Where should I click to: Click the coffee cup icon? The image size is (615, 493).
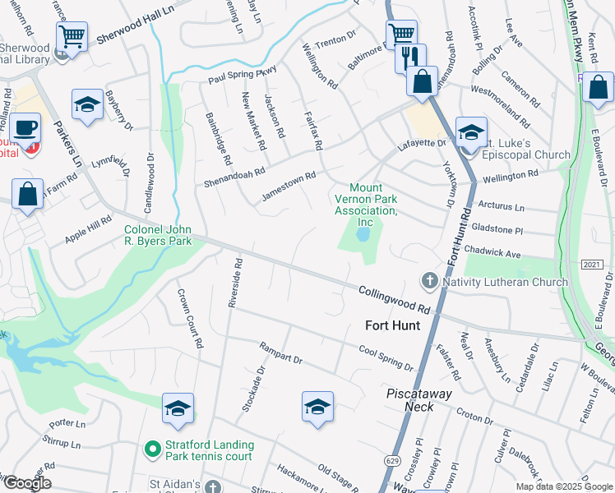[x=25, y=128]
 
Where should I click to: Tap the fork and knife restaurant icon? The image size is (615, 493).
[x=409, y=58]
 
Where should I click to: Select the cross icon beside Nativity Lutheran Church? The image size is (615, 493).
[x=429, y=282]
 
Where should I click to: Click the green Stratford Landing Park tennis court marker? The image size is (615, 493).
[x=151, y=449]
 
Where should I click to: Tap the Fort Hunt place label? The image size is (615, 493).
[x=392, y=325]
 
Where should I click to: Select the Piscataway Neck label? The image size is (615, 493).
[x=419, y=400]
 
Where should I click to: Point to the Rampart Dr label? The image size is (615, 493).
[x=281, y=353]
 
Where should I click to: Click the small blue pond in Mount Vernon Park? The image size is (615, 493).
[x=362, y=235]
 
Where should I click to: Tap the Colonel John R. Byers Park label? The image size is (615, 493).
[x=158, y=235]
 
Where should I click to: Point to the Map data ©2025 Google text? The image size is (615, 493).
[x=564, y=486]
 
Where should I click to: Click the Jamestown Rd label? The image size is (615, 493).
[x=289, y=187]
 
